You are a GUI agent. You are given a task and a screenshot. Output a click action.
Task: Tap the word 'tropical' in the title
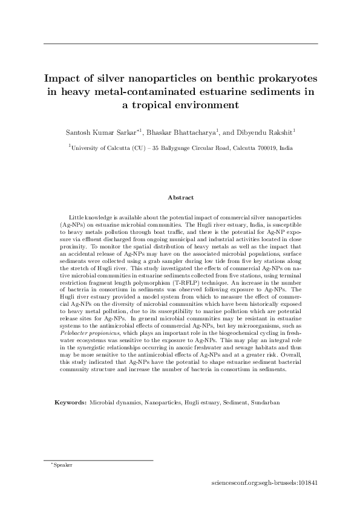point(169,105)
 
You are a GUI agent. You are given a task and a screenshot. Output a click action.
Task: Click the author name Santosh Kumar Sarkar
point(99,132)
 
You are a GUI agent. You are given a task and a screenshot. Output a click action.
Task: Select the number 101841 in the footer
point(304,484)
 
